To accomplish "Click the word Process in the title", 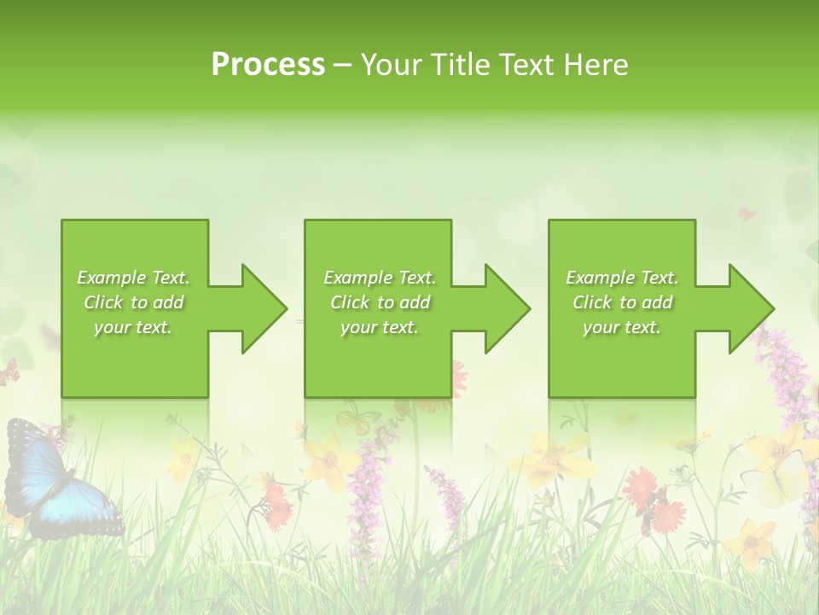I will (x=268, y=65).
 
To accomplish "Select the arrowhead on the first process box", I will (x=261, y=308).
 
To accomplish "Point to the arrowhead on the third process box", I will (x=749, y=308).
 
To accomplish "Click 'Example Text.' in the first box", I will (x=133, y=278).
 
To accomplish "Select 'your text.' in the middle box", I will (x=379, y=327).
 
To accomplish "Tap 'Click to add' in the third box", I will (x=622, y=302).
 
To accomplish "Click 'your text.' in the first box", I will (x=133, y=327).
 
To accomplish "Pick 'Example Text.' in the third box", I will (x=622, y=278).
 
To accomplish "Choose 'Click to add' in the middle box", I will (x=379, y=302).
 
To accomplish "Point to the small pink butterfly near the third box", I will (x=747, y=213).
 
